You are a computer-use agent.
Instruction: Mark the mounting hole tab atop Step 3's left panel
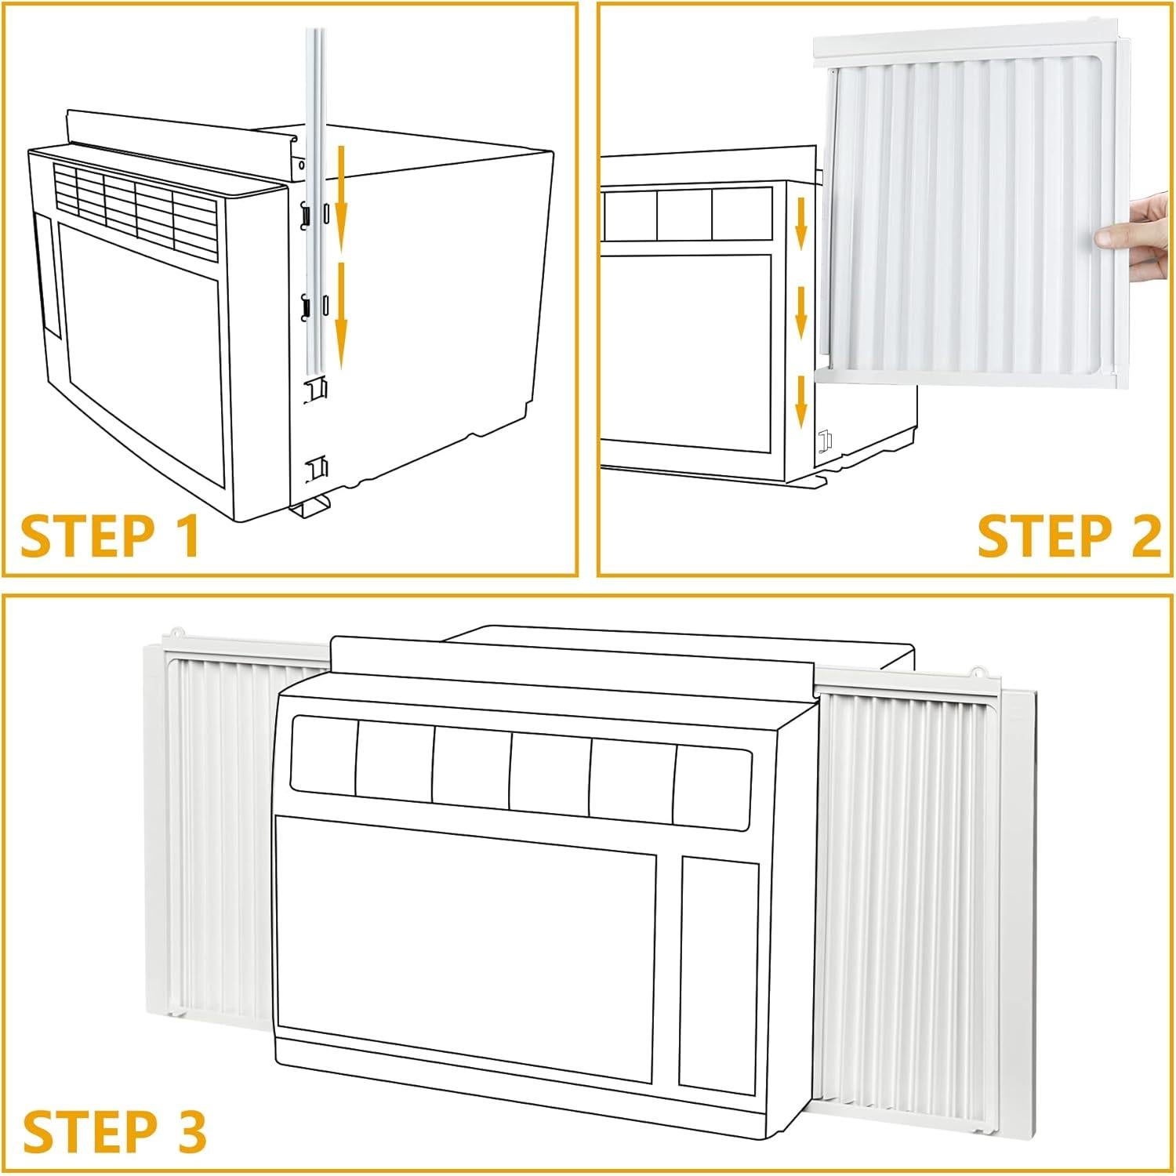pos(177,631)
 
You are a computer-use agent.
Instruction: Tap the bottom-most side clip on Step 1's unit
pos(317,468)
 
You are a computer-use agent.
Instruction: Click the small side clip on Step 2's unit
pos(824,441)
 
